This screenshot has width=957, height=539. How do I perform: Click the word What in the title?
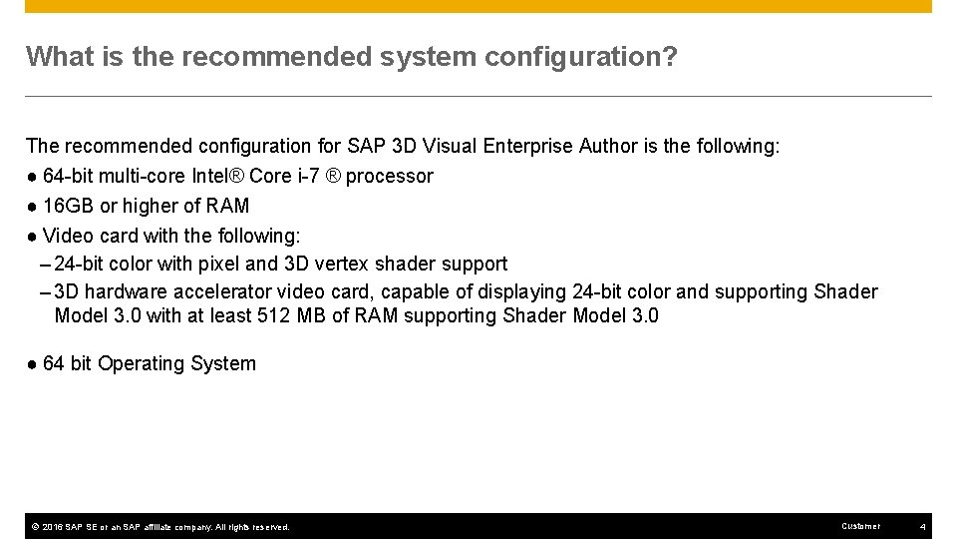coord(59,56)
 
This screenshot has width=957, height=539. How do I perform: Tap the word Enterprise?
coord(527,146)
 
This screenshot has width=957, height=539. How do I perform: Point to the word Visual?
coord(451,146)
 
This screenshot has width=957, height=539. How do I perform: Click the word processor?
coord(390,177)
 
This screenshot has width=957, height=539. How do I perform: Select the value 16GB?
coord(68,206)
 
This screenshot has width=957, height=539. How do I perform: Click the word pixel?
coord(216,264)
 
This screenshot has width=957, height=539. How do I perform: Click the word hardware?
coord(129,291)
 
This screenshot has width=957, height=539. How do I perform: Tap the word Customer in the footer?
coord(861,526)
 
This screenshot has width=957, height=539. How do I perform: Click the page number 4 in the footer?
coord(923,526)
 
